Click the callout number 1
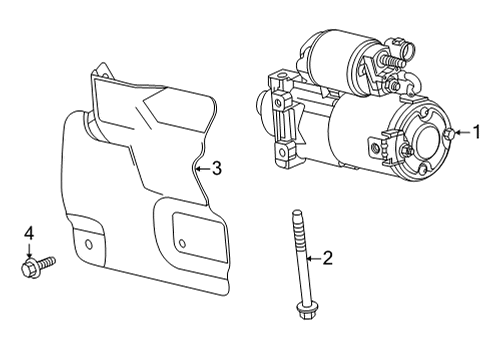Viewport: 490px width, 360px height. pyautogui.click(x=477, y=130)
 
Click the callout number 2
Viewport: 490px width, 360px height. pyautogui.click(x=327, y=258)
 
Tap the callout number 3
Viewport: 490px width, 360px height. pyautogui.click(x=217, y=169)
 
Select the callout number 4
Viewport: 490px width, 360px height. pyautogui.click(x=29, y=234)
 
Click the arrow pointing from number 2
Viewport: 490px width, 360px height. pyautogui.click(x=311, y=258)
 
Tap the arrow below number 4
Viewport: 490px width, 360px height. pyautogui.click(x=29, y=250)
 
